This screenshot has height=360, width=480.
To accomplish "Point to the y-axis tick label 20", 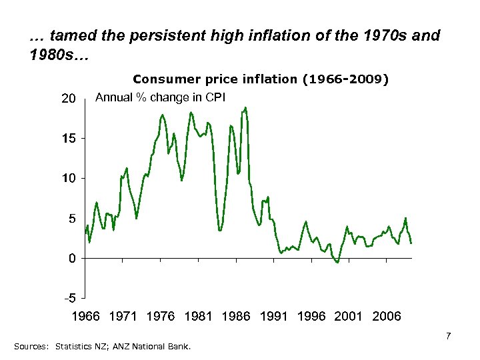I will tap(69, 99).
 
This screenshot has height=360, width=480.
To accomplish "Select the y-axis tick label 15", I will tap(69, 139).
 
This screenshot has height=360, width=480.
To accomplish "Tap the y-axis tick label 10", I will tap(69, 179).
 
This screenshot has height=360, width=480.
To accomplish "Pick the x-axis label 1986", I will tap(235, 316).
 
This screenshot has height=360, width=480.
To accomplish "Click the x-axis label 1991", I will tap(273, 316).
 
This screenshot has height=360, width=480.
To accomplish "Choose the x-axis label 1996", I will tap(311, 316).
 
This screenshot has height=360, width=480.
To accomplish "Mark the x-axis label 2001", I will tap(349, 316).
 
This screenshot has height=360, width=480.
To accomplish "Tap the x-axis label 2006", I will tap(387, 316).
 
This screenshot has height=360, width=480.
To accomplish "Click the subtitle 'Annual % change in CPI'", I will tap(161, 97).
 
